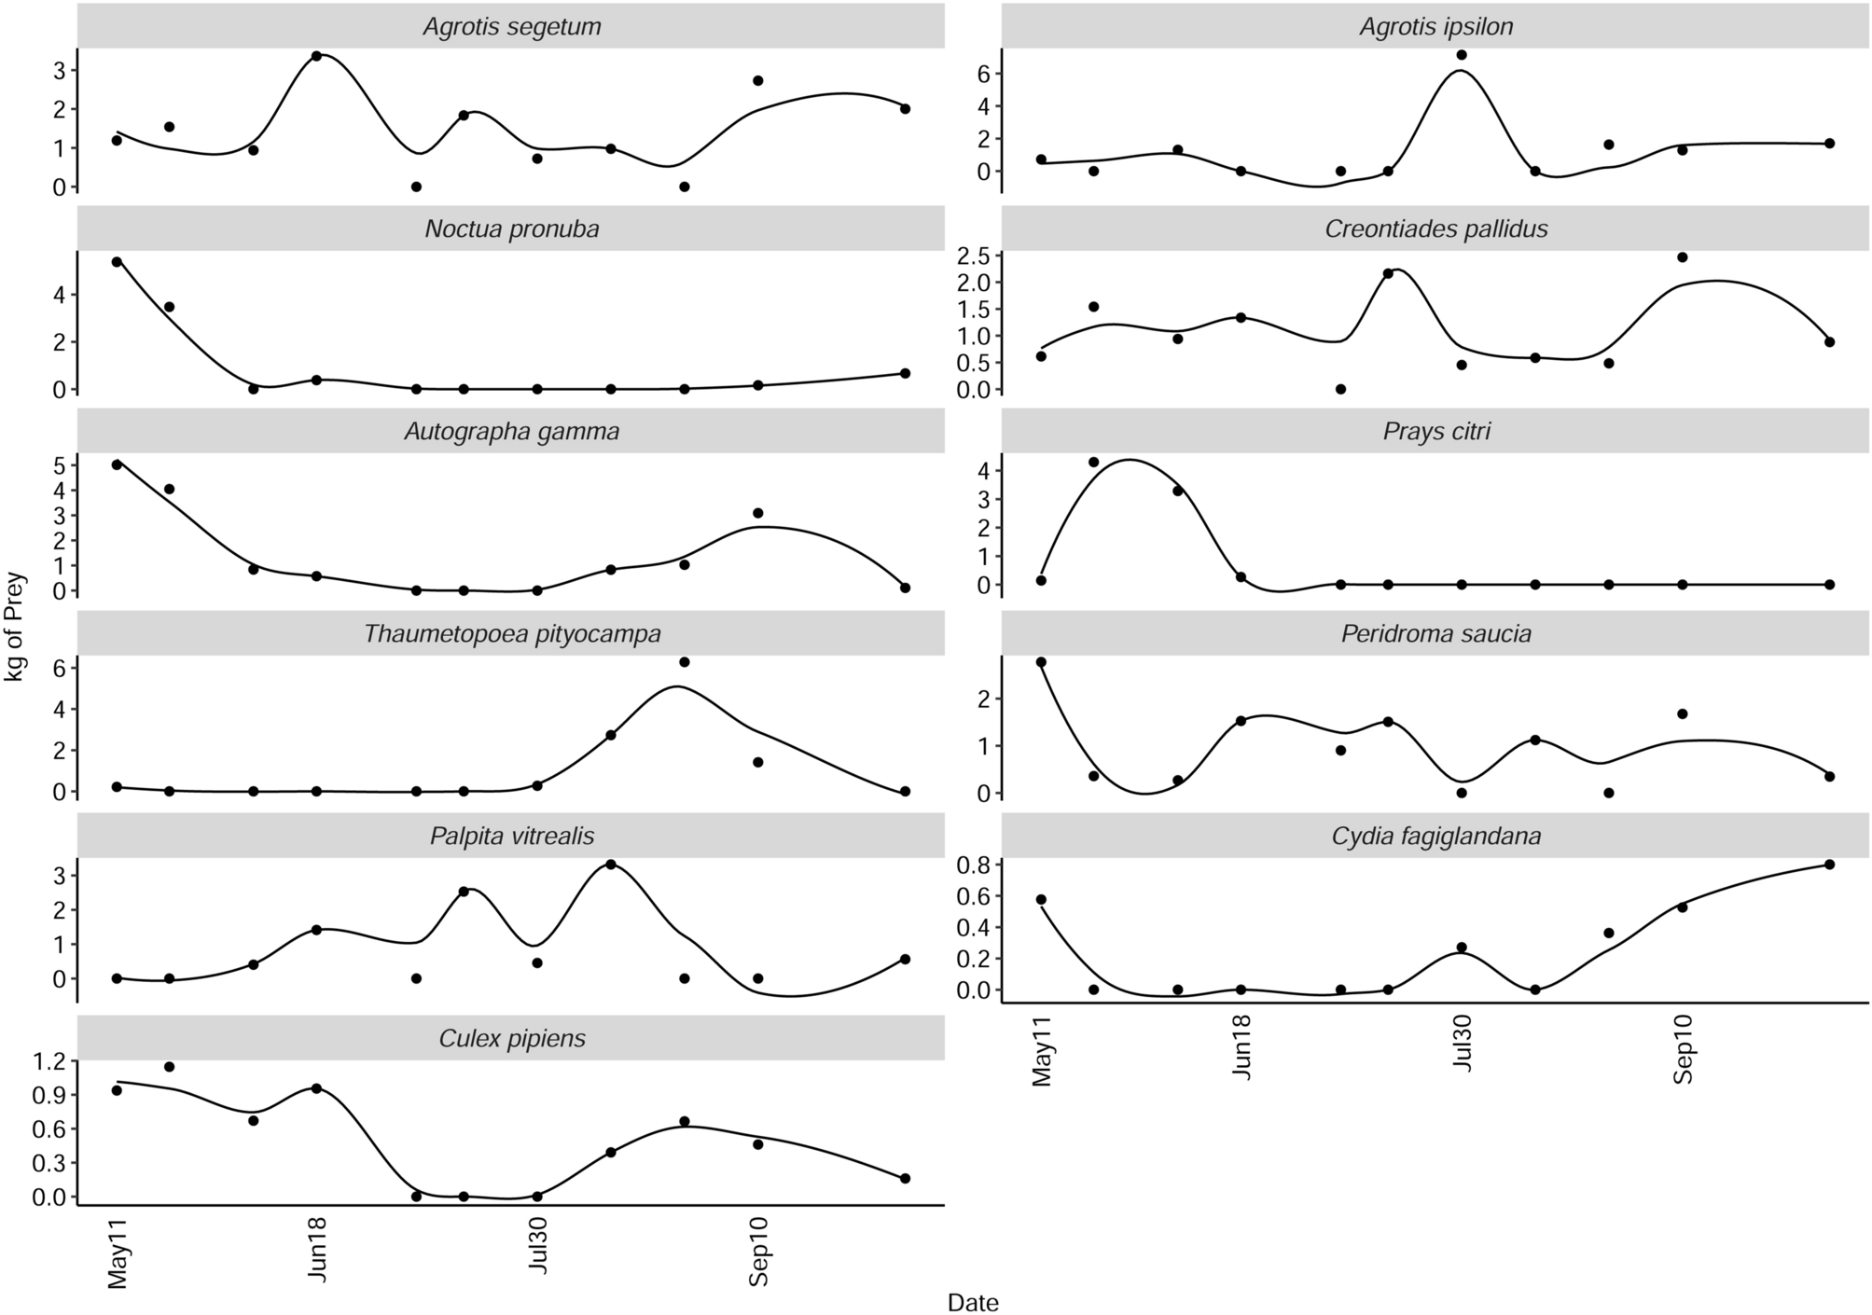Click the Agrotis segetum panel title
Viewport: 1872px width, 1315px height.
[x=511, y=27]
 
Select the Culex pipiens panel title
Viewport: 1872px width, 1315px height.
[x=511, y=1039]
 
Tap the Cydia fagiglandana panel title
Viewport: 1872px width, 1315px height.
[x=1435, y=837]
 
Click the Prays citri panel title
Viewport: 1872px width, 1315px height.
[x=1435, y=432]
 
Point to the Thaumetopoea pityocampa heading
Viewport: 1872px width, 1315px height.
[x=511, y=634]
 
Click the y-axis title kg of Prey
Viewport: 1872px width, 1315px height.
[x=16, y=627]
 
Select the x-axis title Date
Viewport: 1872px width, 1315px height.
[x=972, y=1303]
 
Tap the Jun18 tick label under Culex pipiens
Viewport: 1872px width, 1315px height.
[x=317, y=1250]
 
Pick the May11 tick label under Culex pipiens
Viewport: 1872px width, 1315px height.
[x=118, y=1250]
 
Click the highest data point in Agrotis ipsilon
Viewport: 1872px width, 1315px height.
[x=1462, y=55]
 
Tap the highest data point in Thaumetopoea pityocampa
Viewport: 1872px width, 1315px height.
[x=684, y=662]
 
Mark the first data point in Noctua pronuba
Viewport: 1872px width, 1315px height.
[x=117, y=262]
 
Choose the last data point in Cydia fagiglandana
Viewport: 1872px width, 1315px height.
[x=1829, y=865]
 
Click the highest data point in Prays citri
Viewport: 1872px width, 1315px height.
[x=1094, y=462]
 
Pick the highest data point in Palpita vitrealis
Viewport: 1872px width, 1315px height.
[x=610, y=865]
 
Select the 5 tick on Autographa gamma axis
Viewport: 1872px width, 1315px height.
[x=60, y=464]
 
